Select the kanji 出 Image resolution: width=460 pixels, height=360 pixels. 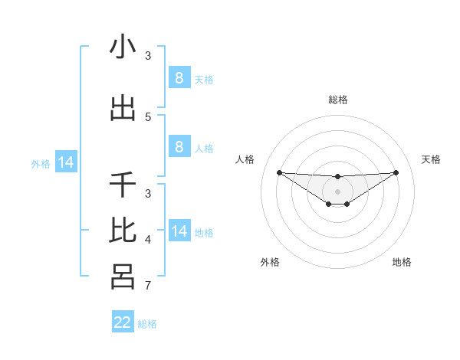click(x=123, y=109)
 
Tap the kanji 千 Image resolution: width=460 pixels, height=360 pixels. click(x=123, y=185)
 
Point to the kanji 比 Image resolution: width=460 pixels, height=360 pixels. click(x=123, y=230)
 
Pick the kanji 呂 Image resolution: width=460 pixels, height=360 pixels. click(x=123, y=275)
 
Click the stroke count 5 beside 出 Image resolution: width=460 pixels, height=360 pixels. click(x=148, y=116)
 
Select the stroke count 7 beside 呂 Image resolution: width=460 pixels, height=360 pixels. click(x=148, y=286)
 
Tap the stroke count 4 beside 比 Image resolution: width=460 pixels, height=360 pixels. click(x=148, y=240)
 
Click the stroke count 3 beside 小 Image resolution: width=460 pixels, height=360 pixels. click(x=148, y=55)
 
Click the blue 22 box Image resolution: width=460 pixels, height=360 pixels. click(x=123, y=322)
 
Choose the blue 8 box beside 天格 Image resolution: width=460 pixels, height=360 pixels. click(x=179, y=77)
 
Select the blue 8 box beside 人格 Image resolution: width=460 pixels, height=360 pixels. click(x=179, y=147)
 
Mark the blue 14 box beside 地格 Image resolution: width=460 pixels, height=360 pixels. click(x=179, y=231)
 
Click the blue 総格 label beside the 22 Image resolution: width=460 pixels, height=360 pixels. click(x=147, y=324)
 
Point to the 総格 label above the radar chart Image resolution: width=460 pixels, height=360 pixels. click(x=338, y=100)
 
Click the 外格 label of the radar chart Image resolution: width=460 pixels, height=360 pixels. click(x=270, y=262)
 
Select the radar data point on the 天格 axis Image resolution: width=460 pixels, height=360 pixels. click(x=396, y=172)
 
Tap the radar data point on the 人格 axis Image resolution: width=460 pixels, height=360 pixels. click(x=279, y=172)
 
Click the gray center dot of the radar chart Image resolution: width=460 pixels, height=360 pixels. click(x=338, y=191)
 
